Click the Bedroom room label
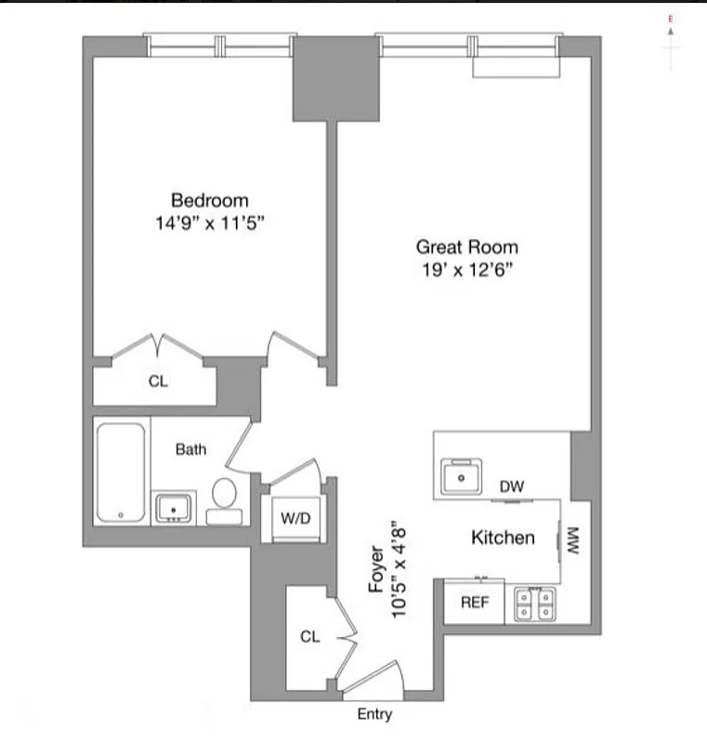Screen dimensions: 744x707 pos(209,200)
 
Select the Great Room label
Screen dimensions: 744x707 pos(466,247)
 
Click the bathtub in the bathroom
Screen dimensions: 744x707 pos(121,472)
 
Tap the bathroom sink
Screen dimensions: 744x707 pos(174,509)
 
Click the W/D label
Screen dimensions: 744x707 pos(295,519)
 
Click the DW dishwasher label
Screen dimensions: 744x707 pos(512,486)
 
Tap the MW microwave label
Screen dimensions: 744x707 pos(572,541)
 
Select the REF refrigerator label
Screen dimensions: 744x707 pos(475,603)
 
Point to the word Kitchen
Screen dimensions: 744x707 pos(503,538)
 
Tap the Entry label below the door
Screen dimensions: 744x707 pos(374,714)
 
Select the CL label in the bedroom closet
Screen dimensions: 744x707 pos(159,381)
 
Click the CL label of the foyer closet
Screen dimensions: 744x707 pos(309,637)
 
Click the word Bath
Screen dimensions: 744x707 pos(191,449)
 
